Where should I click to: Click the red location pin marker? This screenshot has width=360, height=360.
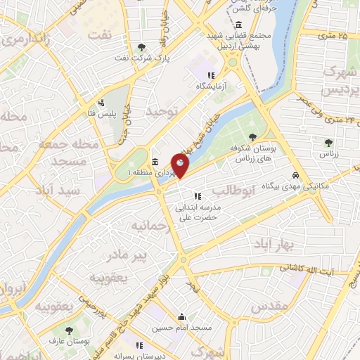[181, 165]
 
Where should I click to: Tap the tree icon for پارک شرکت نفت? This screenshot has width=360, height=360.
[143, 47]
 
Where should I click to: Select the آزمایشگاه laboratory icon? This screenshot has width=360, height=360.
[210, 75]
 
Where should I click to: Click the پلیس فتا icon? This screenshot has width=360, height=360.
[101, 103]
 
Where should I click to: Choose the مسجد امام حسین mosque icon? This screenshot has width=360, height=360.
[182, 316]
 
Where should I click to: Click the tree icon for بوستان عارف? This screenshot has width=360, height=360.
[69, 330]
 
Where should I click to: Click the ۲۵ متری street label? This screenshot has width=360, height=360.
[333, 34]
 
